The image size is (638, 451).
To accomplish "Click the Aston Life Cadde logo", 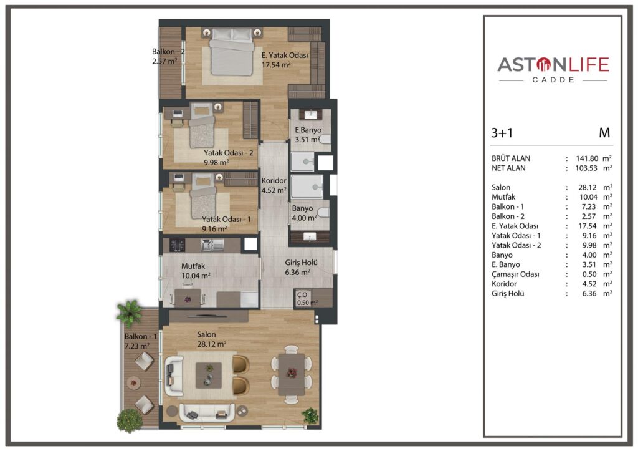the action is point(553,70).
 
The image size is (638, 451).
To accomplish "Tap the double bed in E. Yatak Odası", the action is point(231,52).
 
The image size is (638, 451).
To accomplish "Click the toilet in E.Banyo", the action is point(325,140).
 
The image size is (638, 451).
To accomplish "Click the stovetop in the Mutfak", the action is point(177,245).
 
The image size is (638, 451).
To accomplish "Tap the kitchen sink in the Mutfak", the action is point(212,245).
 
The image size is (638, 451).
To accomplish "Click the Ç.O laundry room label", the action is point(302,294).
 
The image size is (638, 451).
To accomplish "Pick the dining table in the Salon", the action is point(292,374).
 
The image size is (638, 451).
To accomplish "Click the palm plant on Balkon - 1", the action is point(130,313).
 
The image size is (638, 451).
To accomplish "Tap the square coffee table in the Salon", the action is point(209,375).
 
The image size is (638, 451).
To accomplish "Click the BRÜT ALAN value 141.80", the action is point(586,158).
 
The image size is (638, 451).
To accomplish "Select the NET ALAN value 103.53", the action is point(586,168).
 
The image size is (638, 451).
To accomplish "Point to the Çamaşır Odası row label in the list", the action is point(514,274).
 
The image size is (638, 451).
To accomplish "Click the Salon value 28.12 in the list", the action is point(588,187).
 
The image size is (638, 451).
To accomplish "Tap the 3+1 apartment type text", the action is point(502,133).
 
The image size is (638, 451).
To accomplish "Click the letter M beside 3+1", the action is point(604,133).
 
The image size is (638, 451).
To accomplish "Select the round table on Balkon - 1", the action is point(133,382).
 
